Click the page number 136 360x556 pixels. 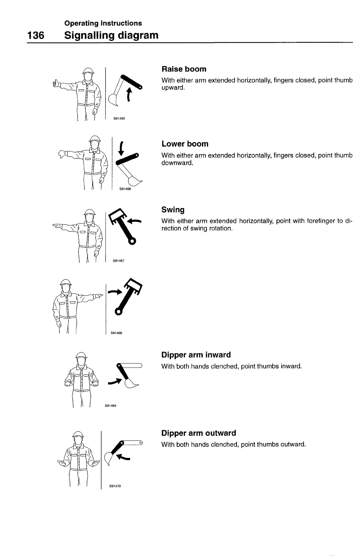point(35,35)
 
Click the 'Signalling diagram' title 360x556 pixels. point(111,35)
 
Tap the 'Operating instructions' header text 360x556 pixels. point(103,23)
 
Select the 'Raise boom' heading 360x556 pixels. point(184,69)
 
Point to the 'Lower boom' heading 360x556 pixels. point(185,144)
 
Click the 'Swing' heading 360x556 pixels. point(173,210)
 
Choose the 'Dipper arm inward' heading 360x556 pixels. point(196,355)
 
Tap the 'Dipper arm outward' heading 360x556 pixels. point(199,433)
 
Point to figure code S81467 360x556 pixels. point(118,261)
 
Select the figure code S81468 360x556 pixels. point(116,333)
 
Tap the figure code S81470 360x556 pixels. point(115,486)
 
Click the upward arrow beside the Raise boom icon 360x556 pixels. point(129,94)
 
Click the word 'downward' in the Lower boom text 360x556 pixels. point(177,163)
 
